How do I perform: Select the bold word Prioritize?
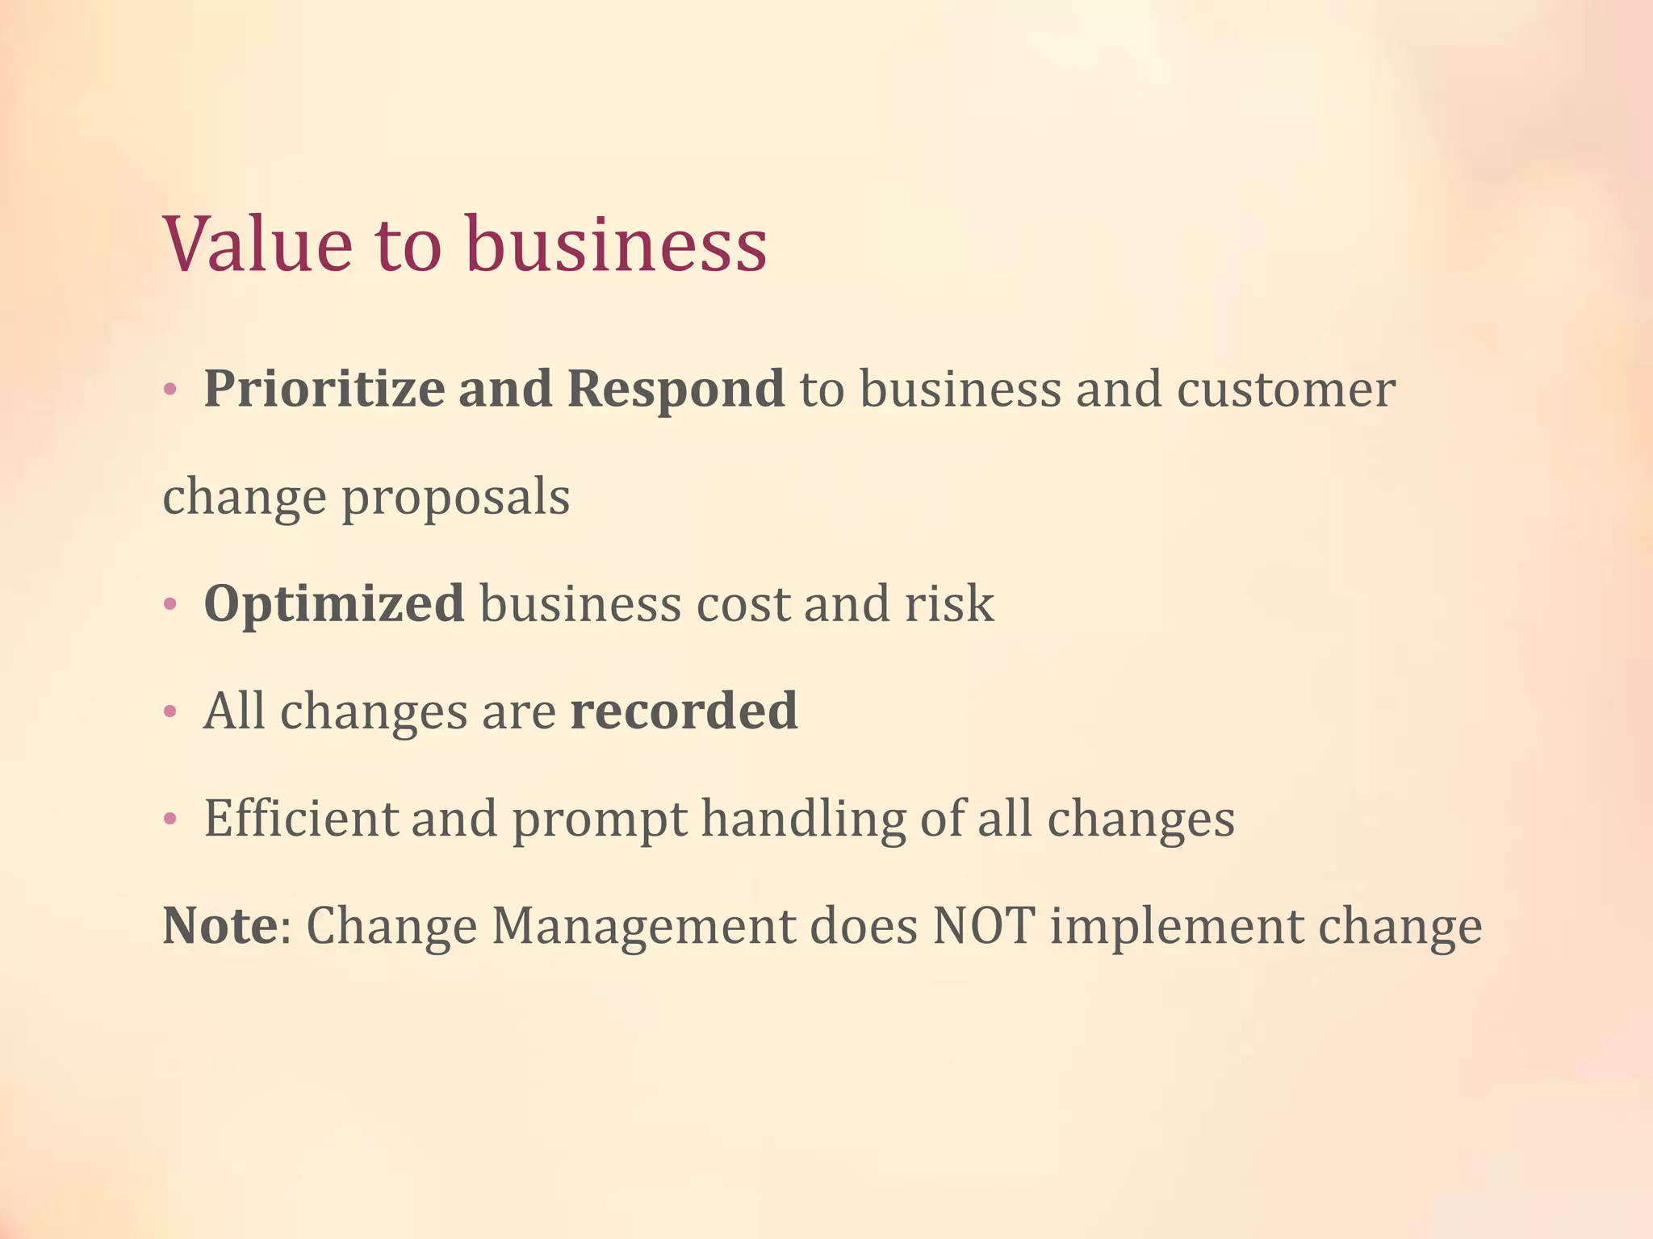tap(324, 389)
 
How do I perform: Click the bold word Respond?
tap(676, 389)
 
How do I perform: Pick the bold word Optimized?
tap(334, 604)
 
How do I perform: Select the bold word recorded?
tap(684, 711)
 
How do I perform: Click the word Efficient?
tap(300, 819)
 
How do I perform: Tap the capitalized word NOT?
tap(984, 926)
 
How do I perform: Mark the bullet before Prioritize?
tap(169, 391)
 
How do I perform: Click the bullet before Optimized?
tap(169, 605)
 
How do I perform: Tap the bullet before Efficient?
tap(169, 820)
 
